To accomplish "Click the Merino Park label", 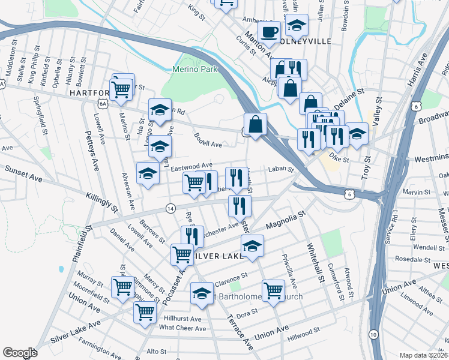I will coord(194,69).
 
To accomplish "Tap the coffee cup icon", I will coord(269,31).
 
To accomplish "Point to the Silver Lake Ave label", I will coord(76,331).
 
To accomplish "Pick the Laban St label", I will coord(280,170).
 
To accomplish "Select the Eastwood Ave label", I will coord(192,166).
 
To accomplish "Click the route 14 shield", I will coord(171,208).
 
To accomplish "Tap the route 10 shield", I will coord(373,334).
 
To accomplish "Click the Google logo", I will coord(20,353).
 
